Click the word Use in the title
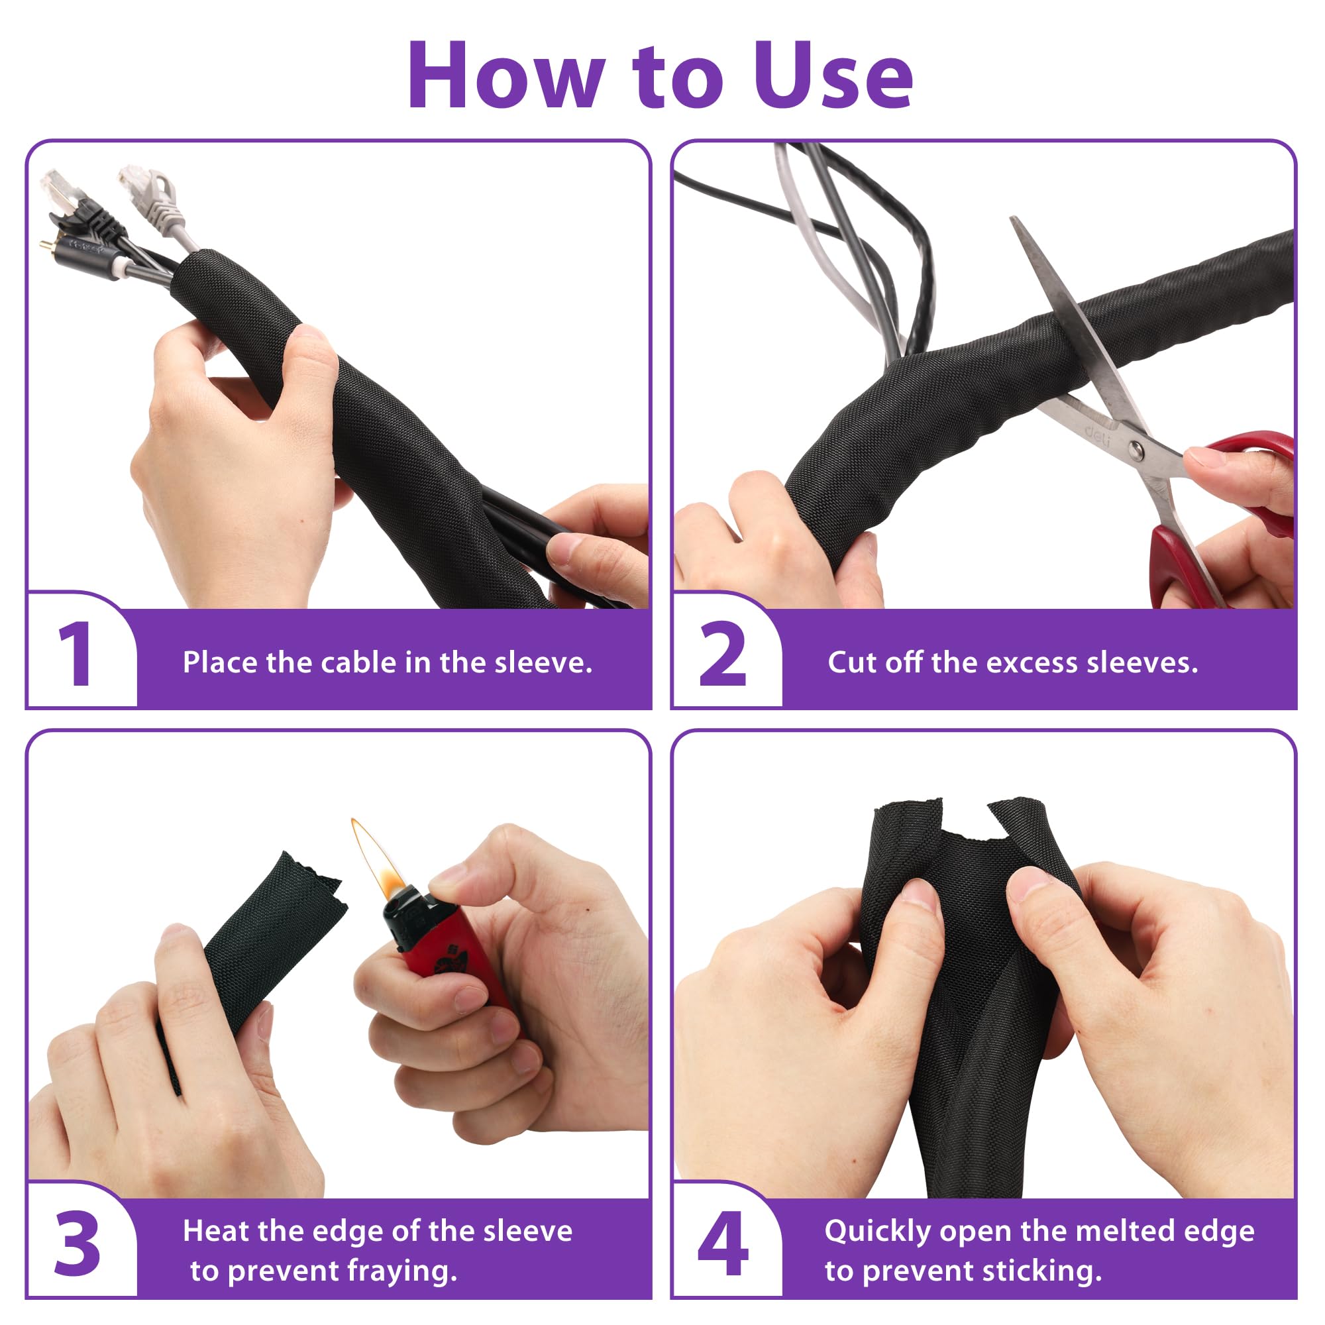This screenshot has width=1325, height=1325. tap(833, 76)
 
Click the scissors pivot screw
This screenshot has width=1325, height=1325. tap(1136, 450)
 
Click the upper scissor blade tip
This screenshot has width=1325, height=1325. tap(1013, 221)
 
